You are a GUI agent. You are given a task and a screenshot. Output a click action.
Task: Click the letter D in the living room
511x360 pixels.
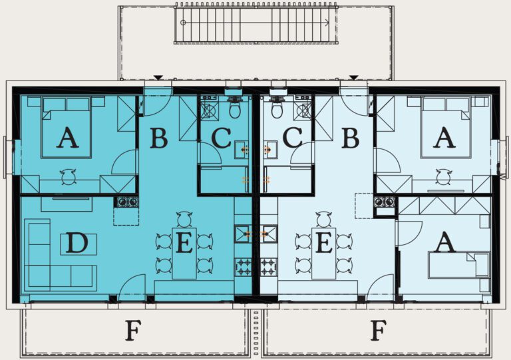coord(77,244)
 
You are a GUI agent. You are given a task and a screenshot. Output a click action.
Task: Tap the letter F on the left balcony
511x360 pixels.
coord(134,330)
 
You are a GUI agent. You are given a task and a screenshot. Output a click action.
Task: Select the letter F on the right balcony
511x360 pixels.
coord(379,330)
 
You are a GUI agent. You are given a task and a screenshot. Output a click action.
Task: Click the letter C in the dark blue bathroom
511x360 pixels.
coord(222,138)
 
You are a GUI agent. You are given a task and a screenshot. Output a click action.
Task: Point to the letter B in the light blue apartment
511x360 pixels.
coord(351,138)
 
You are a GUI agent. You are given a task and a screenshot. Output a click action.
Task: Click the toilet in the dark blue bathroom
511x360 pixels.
coord(235,109)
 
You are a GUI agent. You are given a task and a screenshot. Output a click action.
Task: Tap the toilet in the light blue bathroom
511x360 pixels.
coord(277,109)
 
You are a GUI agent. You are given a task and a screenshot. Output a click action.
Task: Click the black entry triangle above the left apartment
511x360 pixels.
coord(158,78)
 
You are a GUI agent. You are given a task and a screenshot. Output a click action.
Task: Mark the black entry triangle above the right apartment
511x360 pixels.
coord(354,78)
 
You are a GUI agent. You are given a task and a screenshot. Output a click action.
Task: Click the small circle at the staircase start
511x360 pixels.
coord(183,23)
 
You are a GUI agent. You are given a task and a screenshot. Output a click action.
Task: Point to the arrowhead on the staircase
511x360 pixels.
coord(327,23)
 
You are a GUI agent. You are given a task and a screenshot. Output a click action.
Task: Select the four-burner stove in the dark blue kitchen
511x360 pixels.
coord(243,266)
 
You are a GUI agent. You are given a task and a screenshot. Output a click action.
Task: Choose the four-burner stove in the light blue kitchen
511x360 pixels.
coord(269,266)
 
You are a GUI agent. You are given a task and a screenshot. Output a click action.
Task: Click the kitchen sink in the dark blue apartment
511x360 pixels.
coord(243,234)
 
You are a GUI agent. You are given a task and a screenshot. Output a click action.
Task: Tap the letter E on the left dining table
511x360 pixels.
coord(184,244)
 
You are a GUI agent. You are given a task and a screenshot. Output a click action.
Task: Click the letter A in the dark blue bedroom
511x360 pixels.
coord(67,138)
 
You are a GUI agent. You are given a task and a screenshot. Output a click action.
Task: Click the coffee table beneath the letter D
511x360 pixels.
coord(79,244)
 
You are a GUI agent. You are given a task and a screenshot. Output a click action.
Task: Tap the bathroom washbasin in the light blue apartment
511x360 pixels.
coord(270,150)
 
